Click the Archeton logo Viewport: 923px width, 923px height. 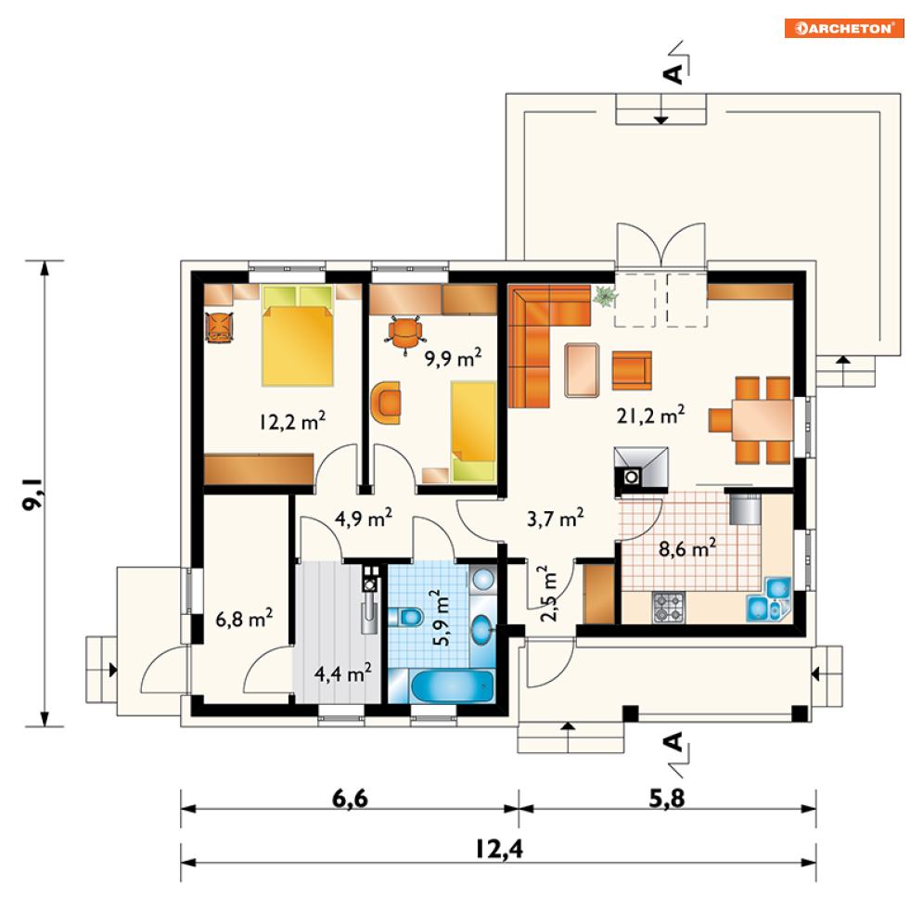(x=843, y=28)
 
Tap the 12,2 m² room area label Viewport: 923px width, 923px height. (x=292, y=421)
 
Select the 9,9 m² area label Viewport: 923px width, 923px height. (x=454, y=357)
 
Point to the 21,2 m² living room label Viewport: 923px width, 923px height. (x=650, y=415)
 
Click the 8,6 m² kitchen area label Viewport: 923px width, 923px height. (x=687, y=548)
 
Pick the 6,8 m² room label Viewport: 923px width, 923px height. (x=244, y=618)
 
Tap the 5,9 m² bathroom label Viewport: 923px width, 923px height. (x=441, y=618)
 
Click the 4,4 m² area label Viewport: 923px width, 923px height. (x=342, y=673)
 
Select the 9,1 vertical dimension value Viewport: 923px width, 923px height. (x=32, y=494)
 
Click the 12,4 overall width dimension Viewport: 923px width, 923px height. (x=498, y=849)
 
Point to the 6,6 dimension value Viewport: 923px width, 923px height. (x=350, y=799)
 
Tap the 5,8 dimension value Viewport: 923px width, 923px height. (x=667, y=799)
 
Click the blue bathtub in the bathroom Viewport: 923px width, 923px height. (x=452, y=686)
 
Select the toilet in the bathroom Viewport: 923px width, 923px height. (x=406, y=617)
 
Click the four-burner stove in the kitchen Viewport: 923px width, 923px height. (x=669, y=608)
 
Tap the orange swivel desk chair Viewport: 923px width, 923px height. (x=404, y=334)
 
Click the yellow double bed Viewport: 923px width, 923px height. (x=297, y=336)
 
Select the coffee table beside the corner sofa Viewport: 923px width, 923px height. (x=582, y=370)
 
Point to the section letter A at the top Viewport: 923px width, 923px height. (x=673, y=73)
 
